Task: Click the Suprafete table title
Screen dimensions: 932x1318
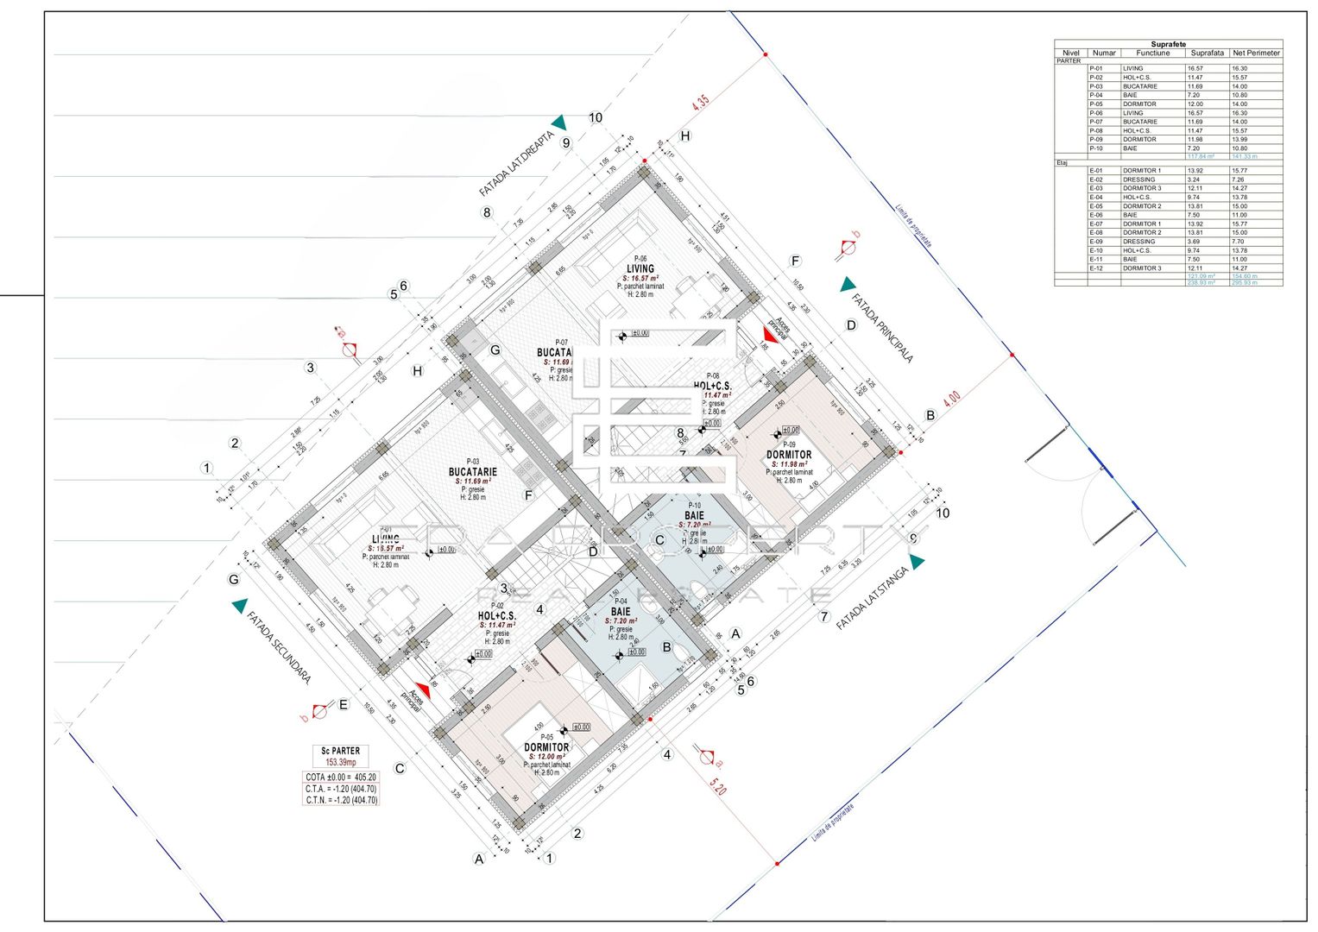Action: click(x=1168, y=44)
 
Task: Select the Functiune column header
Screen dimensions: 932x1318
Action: click(x=1152, y=53)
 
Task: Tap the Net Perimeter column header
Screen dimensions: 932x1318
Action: click(x=1256, y=53)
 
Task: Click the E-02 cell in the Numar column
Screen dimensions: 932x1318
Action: click(x=1096, y=179)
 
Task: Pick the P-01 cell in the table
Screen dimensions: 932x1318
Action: click(x=1096, y=68)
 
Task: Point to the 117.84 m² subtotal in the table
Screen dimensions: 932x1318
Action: click(x=1201, y=156)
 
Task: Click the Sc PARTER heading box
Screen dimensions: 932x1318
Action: click(x=341, y=751)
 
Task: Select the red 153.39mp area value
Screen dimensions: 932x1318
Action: click(x=341, y=763)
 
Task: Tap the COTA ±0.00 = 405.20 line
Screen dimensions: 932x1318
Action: click(x=341, y=778)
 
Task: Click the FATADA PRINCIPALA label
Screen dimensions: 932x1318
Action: click(x=882, y=328)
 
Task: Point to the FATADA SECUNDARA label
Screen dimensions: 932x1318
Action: click(x=278, y=648)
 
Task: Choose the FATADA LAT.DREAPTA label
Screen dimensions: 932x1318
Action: click(x=516, y=163)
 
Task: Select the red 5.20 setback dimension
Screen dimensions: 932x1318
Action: click(x=717, y=786)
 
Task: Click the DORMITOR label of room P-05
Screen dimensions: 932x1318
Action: click(x=546, y=747)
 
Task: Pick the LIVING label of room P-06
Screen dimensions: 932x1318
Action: click(x=640, y=268)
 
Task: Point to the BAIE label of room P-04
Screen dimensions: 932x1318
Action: click(x=621, y=612)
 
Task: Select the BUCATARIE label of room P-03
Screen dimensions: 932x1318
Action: click(x=472, y=472)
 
